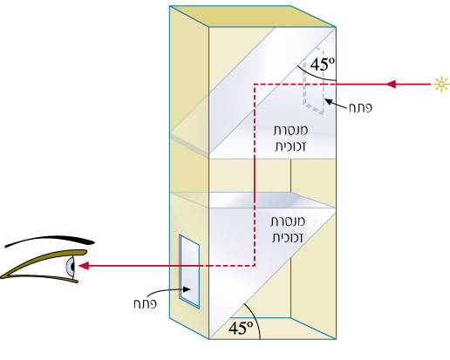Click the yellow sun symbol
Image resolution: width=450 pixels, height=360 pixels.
coord(441,85)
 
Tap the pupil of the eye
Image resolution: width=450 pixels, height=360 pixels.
coord(72,266)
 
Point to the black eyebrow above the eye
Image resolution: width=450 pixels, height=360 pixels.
coord(50,241)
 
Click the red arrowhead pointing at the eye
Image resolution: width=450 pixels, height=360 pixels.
coord(84,266)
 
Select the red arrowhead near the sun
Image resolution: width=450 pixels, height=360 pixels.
coord(391,85)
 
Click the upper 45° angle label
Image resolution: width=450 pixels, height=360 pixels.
coord(323,65)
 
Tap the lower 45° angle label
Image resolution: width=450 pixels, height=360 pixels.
coord(241,328)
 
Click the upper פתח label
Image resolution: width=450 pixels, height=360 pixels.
coord(360,107)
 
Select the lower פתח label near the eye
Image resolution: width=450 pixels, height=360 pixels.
coord(145,304)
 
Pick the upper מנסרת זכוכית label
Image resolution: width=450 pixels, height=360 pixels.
coord(290,138)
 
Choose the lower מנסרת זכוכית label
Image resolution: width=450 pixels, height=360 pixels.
coord(288,229)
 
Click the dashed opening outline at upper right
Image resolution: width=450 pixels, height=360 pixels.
coord(314,80)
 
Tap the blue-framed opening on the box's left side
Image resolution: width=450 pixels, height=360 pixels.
coord(189,271)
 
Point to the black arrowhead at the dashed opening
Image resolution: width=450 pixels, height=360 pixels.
coord(328,101)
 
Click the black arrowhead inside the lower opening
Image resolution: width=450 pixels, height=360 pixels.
coord(187,289)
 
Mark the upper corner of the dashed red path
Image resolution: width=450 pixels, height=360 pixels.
coord(255,85)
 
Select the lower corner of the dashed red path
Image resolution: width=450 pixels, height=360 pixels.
coord(255,265)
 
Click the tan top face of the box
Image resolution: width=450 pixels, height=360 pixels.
coord(252,17)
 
